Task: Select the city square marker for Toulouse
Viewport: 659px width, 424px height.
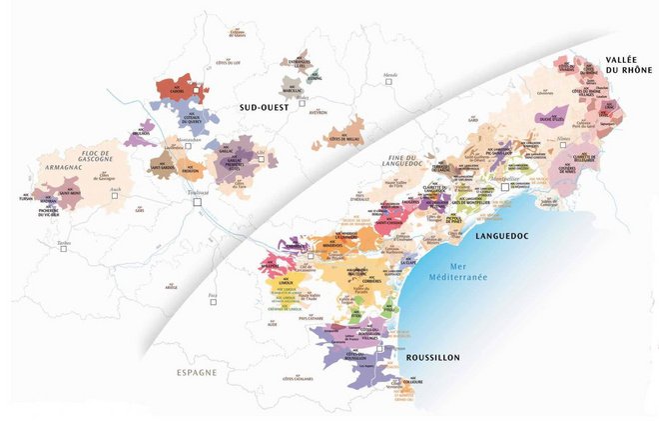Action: pyautogui.click(x=198, y=202)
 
